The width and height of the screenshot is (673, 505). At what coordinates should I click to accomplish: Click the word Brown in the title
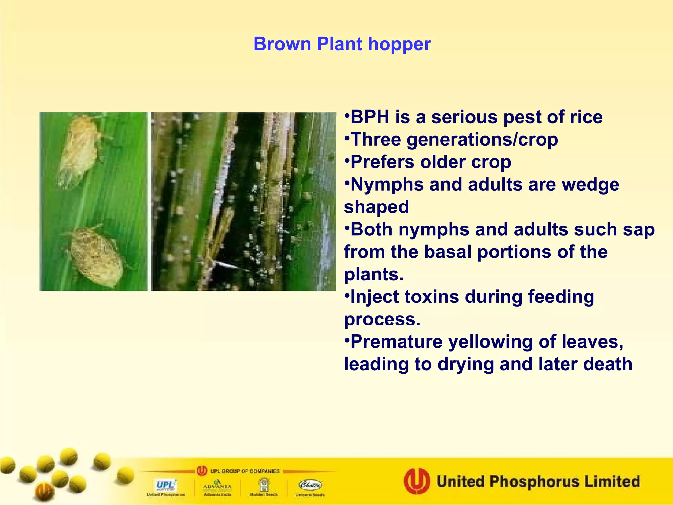(282, 44)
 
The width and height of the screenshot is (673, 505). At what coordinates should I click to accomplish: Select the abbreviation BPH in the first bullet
(370, 117)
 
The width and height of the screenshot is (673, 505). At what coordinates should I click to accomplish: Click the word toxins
(431, 297)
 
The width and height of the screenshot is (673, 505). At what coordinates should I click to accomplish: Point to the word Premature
(396, 342)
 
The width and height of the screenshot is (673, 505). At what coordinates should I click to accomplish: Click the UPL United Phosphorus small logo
(166, 487)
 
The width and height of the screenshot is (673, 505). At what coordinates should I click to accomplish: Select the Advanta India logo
(217, 487)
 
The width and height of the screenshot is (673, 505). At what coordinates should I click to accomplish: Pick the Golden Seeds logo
(264, 487)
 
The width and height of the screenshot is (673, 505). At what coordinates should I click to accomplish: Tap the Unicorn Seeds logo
(310, 487)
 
